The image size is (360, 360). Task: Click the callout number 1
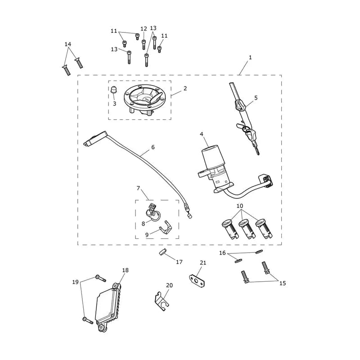pyautogui.click(x=250, y=58)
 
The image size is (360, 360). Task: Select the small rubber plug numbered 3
pyautogui.click(x=113, y=90)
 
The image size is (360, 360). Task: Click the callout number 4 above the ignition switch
pyautogui.click(x=202, y=134)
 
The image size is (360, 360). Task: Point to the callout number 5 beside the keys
pyautogui.click(x=256, y=98)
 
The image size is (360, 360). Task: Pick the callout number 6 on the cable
pyautogui.click(x=153, y=147)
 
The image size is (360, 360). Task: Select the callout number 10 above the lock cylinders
pyautogui.click(x=240, y=206)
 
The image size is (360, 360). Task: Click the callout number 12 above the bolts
pyautogui.click(x=144, y=29)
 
